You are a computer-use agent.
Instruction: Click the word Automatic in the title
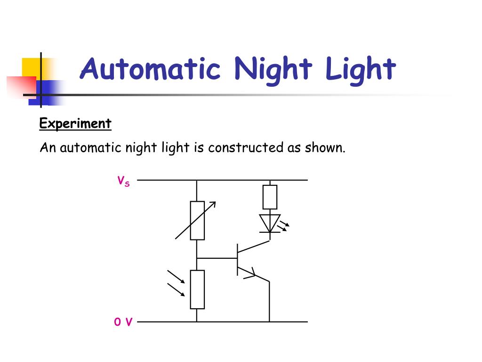(150, 69)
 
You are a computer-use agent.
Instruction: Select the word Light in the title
(360, 70)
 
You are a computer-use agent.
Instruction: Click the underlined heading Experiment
(75, 124)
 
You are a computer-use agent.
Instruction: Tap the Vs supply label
(123, 181)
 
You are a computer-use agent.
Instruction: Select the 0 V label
(123, 322)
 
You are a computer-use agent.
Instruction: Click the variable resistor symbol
(197, 220)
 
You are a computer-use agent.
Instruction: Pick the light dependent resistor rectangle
(197, 289)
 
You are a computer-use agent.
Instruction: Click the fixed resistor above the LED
(270, 197)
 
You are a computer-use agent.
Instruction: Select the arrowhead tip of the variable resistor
(214, 203)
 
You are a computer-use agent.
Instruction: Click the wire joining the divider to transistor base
(217, 258)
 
